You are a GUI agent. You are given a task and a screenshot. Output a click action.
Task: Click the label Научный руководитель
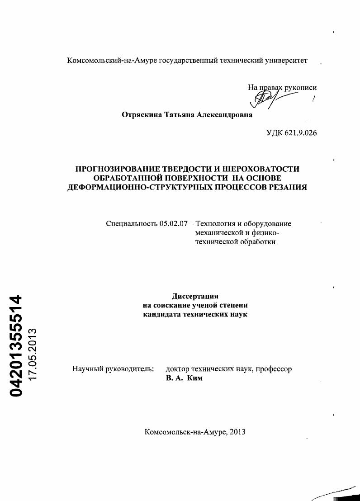click(x=114, y=369)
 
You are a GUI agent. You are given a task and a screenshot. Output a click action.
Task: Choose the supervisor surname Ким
click(x=195, y=378)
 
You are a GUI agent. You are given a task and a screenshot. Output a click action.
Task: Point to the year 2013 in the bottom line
click(x=237, y=432)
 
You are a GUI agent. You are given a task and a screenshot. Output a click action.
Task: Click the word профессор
click(x=274, y=369)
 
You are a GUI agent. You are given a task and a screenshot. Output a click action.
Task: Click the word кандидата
click(x=163, y=314)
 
